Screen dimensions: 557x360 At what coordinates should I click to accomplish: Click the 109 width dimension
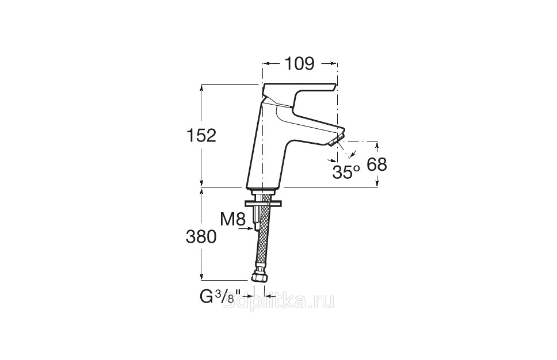tap(300, 64)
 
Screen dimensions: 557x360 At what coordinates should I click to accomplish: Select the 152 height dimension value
tap(201, 135)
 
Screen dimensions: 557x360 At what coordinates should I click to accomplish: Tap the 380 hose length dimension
tap(201, 236)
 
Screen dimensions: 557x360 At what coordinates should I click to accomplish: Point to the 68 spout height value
tap(377, 164)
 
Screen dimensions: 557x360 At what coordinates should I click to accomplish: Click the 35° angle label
tap(346, 172)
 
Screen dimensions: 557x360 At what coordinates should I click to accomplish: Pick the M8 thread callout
tap(233, 220)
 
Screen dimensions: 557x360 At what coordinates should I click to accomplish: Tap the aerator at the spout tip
tap(337, 140)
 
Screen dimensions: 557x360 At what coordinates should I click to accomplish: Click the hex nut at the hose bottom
tap(259, 278)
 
